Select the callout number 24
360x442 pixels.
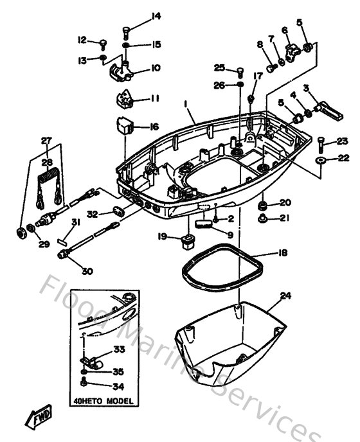(x=286, y=296)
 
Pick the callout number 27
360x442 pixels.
(x=46, y=140)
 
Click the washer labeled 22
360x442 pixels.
(x=321, y=158)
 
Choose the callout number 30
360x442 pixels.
(x=87, y=271)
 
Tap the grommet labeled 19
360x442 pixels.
(x=188, y=242)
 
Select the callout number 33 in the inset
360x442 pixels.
(x=118, y=351)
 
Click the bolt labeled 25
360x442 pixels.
(x=239, y=71)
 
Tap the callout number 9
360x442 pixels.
(x=230, y=234)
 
